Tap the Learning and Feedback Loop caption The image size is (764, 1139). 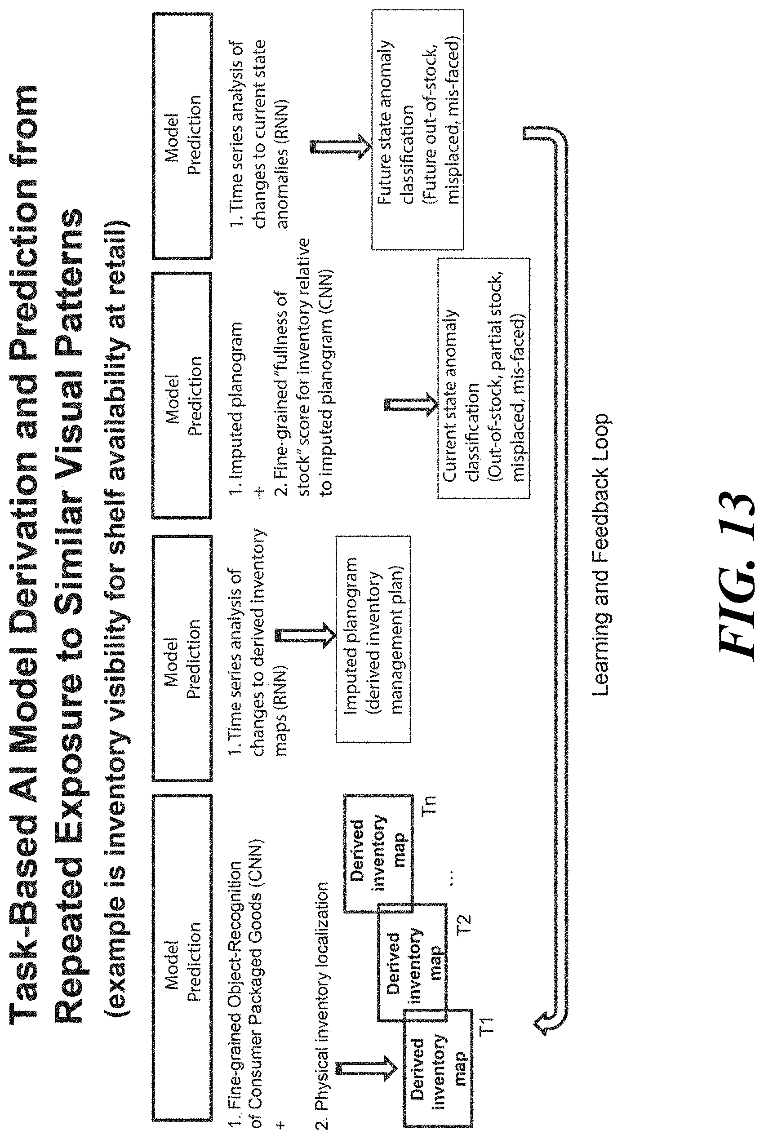600,555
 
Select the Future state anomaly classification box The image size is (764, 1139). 418,129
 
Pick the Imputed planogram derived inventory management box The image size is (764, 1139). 373,638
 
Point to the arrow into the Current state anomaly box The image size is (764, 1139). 412,404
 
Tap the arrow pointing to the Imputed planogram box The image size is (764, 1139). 306,635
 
